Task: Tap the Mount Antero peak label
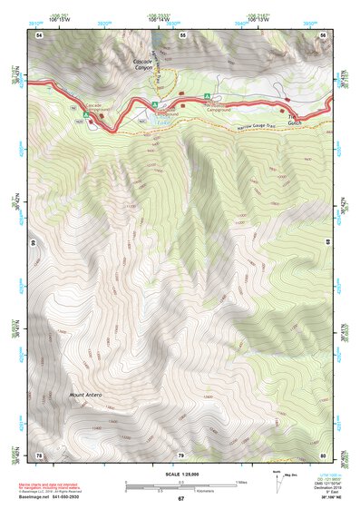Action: [x=87, y=395]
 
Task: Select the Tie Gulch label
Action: [x=295, y=121]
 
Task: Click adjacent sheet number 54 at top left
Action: [x=39, y=34]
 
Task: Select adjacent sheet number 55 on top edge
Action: [x=182, y=34]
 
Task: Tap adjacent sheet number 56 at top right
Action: [x=324, y=34]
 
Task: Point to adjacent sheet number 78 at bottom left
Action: [x=39, y=455]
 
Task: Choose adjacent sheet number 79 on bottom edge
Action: [x=180, y=455]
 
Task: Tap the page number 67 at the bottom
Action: [x=180, y=499]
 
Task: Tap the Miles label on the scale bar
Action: [x=241, y=482]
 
